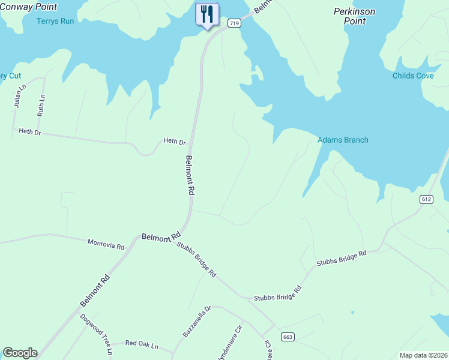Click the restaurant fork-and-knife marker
point(207,14)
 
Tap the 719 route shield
point(234,23)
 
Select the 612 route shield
point(427,199)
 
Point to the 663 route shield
point(287,337)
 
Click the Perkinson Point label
point(355,16)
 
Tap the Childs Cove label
point(413,76)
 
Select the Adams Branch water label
point(343,140)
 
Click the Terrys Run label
point(56,21)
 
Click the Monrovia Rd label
point(106,245)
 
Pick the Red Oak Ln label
point(141,344)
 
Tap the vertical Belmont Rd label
point(190,175)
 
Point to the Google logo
point(20,353)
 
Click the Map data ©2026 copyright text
point(423,355)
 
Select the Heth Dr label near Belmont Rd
point(175,142)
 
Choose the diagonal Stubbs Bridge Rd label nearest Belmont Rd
point(196,259)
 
